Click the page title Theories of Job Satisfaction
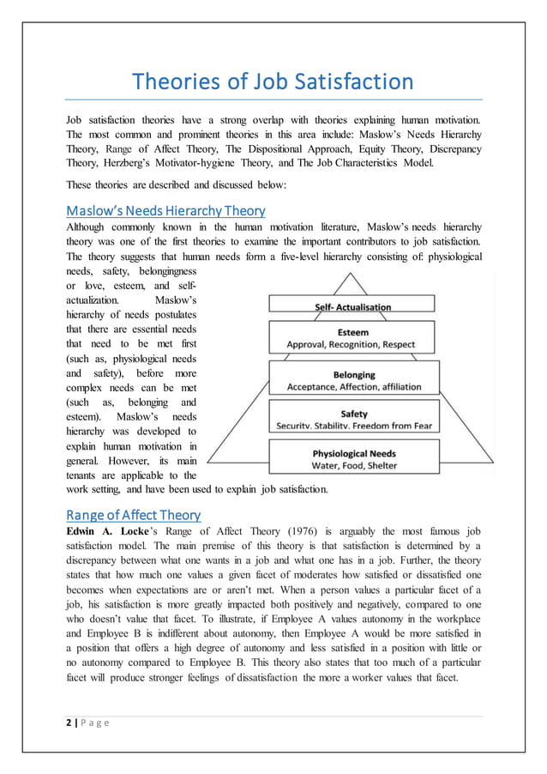tap(272, 82)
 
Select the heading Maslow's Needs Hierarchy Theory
tap(165, 210)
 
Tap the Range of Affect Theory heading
tap(133, 515)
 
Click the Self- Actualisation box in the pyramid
tap(352, 306)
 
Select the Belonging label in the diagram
tap(352, 374)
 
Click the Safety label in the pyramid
tap(352, 413)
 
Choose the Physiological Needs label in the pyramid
tap(352, 453)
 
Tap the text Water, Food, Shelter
tap(352, 466)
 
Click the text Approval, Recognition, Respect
tap(352, 344)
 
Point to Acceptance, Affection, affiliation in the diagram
tap(352, 387)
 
